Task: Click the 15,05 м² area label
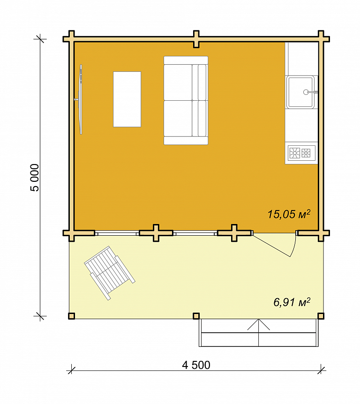[x=289, y=214]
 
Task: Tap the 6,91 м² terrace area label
[x=292, y=302]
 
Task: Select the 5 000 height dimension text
[x=35, y=178]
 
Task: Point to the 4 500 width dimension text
[x=196, y=365]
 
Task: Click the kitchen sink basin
[x=300, y=92]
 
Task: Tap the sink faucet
[x=310, y=92]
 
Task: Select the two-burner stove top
[x=301, y=153]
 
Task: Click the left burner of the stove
[x=294, y=153]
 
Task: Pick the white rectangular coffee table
[x=127, y=99]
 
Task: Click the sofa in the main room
[x=186, y=100]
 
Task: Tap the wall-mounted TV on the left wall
[x=81, y=99]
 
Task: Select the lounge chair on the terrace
[x=110, y=273]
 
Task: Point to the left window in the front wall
[x=117, y=233]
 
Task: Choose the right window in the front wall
[x=195, y=233]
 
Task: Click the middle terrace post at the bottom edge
[x=196, y=316]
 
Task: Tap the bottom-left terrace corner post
[x=71, y=316]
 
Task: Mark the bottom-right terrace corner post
[x=321, y=316]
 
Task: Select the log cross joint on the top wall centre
[x=196, y=39]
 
